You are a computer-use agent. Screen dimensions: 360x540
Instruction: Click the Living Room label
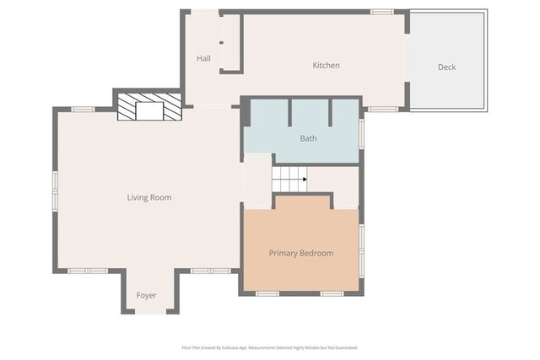click(x=149, y=198)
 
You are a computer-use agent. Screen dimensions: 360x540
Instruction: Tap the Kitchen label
click(x=326, y=66)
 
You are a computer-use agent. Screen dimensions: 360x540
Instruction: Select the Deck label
click(x=446, y=67)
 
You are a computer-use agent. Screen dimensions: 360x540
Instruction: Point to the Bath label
click(x=308, y=138)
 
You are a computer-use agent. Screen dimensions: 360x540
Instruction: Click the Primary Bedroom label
click(x=301, y=253)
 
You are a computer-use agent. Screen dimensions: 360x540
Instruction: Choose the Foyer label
click(x=147, y=296)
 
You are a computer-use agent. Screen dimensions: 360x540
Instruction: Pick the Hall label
click(x=203, y=59)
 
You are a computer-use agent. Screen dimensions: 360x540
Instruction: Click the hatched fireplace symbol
click(x=149, y=106)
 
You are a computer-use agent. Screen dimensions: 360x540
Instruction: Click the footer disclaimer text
click(x=269, y=347)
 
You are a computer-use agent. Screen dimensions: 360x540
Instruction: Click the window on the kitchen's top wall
click(x=382, y=12)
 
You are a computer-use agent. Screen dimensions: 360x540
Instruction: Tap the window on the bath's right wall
click(x=361, y=133)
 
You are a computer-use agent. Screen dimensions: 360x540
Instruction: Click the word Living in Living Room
click(x=138, y=198)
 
